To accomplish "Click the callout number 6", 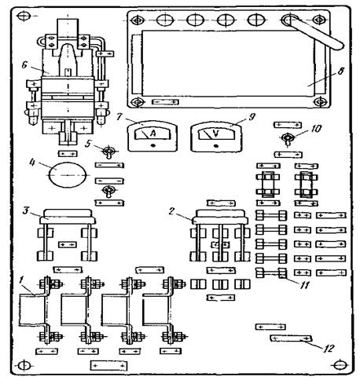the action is pyautogui.click(x=24, y=65).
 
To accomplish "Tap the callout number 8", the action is pyautogui.click(x=340, y=71).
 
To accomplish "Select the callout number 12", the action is pyautogui.click(x=329, y=348).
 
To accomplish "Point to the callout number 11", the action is pyautogui.click(x=304, y=285).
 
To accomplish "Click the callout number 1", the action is pyautogui.click(x=21, y=280).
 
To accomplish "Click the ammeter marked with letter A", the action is pyautogui.click(x=152, y=136).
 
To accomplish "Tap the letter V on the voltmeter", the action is pyautogui.click(x=215, y=133).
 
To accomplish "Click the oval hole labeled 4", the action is pyautogui.click(x=68, y=174).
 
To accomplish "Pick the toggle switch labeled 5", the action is pyautogui.click(x=108, y=153).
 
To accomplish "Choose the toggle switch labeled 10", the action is pyautogui.click(x=287, y=139).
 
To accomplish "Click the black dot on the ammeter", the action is pyautogui.click(x=153, y=144).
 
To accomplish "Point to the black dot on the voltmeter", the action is pyautogui.click(x=216, y=146).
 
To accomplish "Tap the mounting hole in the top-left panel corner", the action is pyautogui.click(x=24, y=16).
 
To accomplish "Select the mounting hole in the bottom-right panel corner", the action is pyautogui.click(x=339, y=364).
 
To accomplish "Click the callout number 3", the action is pyautogui.click(x=25, y=210).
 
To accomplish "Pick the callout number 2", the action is pyautogui.click(x=171, y=211).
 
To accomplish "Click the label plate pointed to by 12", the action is pyautogui.click(x=291, y=338).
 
